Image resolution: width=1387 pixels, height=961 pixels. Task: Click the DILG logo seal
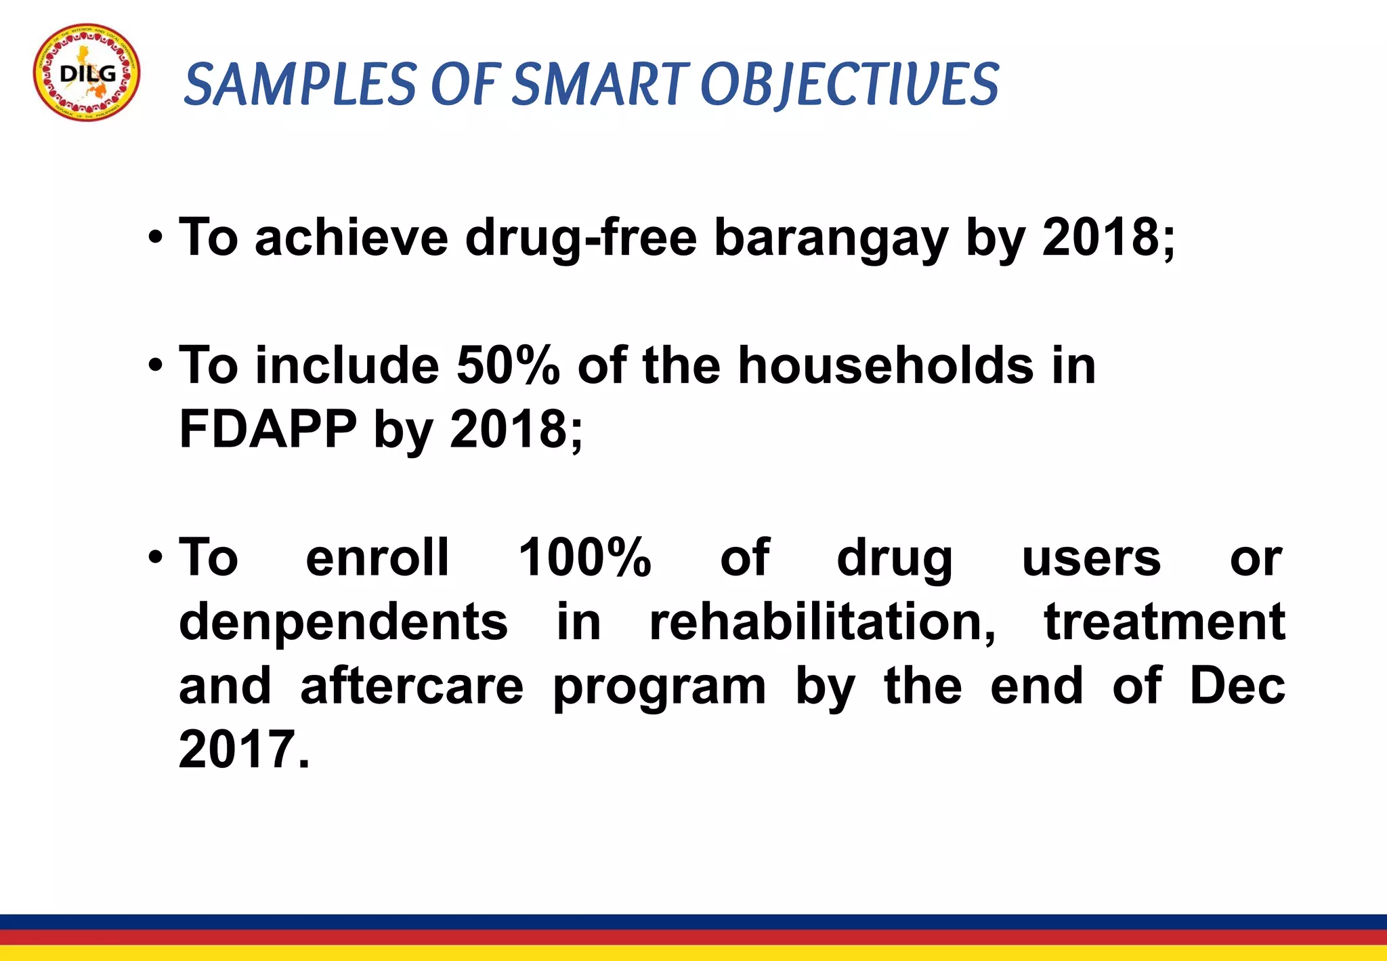[87, 73]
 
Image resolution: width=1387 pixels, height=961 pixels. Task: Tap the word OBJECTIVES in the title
[849, 84]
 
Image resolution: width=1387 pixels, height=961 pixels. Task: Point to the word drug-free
[580, 238]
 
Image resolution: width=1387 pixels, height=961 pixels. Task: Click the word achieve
[351, 238]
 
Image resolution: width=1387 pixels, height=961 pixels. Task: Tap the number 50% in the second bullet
[508, 366]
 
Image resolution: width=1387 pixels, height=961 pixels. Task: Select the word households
[885, 366]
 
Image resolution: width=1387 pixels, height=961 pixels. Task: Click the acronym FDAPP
[268, 430]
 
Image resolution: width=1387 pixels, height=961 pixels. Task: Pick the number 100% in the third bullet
[584, 558]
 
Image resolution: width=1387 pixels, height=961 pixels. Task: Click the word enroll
[377, 558]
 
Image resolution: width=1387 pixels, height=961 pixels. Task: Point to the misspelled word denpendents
[343, 622]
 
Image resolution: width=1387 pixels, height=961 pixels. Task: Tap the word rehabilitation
[822, 622]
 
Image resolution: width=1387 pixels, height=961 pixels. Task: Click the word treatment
[1164, 622]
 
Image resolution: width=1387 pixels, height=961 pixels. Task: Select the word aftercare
[412, 686]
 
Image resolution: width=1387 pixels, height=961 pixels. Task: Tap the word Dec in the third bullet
[1237, 686]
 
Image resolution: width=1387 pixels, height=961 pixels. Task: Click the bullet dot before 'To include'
[156, 367]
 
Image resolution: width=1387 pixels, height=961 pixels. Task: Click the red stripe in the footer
[693, 937]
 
